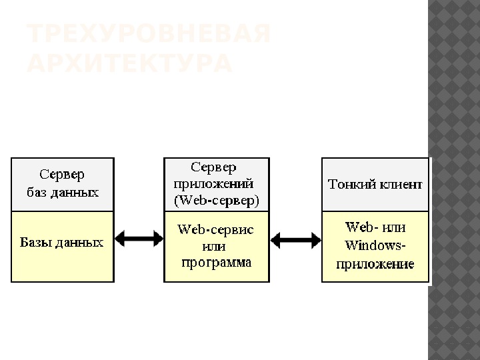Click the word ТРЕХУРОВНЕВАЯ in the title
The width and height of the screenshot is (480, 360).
(149, 34)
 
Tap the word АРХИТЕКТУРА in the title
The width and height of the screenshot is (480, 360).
(129, 64)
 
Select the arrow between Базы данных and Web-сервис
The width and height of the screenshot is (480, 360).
(139, 238)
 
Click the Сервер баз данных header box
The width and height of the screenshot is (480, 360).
(63, 184)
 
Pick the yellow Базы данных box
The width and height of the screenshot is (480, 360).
(63, 247)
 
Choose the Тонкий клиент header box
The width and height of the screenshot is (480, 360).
(375, 184)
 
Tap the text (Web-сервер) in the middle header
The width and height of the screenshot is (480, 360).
(217, 199)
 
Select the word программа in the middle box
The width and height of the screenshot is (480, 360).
(217, 262)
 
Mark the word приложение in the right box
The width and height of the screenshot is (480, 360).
(374, 264)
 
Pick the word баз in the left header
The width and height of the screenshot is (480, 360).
(38, 193)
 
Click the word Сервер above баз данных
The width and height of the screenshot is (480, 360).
(63, 175)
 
